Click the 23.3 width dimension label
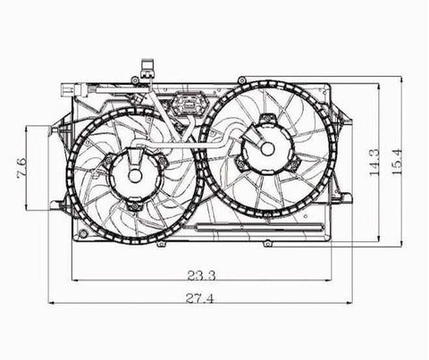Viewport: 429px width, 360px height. [x=201, y=275]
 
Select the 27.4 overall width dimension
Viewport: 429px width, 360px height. [x=200, y=298]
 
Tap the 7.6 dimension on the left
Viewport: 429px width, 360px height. [x=21, y=168]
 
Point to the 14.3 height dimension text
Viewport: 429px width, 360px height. [x=374, y=163]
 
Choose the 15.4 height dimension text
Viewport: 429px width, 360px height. [x=397, y=163]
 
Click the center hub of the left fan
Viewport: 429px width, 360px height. [x=135, y=176]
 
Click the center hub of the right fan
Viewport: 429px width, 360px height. [x=267, y=148]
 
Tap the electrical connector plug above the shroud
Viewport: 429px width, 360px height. [x=148, y=68]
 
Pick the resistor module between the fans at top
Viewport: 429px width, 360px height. [x=189, y=105]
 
